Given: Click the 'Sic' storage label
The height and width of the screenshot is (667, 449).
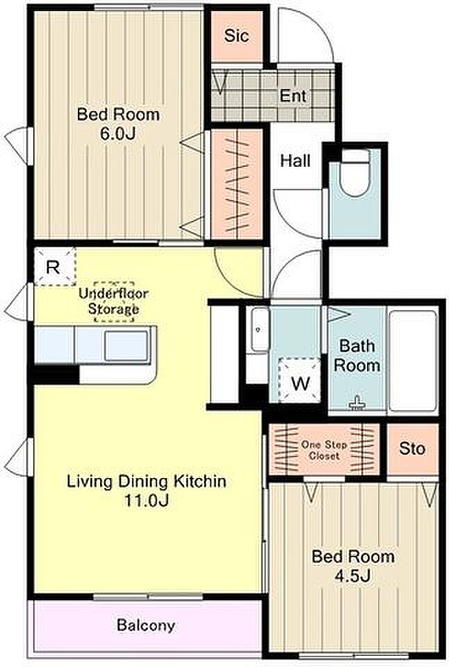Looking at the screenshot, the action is coord(236,35).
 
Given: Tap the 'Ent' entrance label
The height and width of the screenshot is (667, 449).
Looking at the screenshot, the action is coord(293,96).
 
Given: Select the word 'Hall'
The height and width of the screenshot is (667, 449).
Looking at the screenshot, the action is coord(295,160).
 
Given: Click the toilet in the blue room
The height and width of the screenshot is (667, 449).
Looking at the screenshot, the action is coord(356,172).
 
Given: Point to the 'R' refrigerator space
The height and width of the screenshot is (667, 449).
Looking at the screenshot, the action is coord(53,267).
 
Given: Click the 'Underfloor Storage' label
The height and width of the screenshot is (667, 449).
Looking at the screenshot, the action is coord(113,301).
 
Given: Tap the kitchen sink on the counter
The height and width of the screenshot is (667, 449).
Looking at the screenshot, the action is coord(126,345).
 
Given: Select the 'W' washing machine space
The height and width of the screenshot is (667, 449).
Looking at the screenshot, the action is coord(301,384).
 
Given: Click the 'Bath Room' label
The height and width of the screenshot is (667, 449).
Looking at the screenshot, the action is coord(357,356).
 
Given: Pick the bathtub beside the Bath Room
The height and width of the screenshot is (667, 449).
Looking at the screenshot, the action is coord(413,361).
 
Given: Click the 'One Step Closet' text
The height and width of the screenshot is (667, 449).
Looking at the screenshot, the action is coord(324,450).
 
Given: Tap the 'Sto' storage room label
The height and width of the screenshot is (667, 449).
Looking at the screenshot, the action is coord(412,448).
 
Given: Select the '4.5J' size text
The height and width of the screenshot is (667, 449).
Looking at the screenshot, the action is coord(353,576).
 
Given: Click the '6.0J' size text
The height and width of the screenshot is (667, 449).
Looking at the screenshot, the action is coord(117,133).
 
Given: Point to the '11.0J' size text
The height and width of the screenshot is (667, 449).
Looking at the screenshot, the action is coord(147,500).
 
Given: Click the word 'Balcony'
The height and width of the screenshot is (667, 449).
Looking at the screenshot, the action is coord(146,625).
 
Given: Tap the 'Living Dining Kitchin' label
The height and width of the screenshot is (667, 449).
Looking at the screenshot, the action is coord(147,481).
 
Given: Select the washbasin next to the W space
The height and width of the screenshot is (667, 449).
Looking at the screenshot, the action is coord(259,330).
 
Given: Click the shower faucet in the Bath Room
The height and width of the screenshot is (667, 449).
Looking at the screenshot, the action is coord(357,403).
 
